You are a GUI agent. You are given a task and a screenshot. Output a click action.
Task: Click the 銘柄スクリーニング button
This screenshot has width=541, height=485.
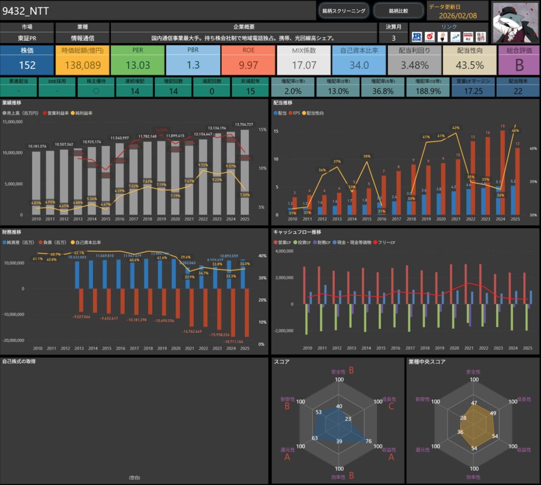click(344, 11)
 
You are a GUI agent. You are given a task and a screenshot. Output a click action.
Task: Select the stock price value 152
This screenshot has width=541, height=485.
click(27, 65)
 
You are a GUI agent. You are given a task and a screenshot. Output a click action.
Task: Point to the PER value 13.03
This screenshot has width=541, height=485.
click(137, 65)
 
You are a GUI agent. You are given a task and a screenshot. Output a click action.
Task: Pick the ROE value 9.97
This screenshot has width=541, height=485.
click(248, 65)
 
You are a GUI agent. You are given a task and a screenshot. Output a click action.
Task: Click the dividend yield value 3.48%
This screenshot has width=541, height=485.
click(414, 65)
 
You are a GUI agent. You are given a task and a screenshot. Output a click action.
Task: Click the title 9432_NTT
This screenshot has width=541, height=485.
click(26, 11)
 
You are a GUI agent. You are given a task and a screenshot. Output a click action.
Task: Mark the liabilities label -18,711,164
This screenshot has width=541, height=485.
click(233, 342)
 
